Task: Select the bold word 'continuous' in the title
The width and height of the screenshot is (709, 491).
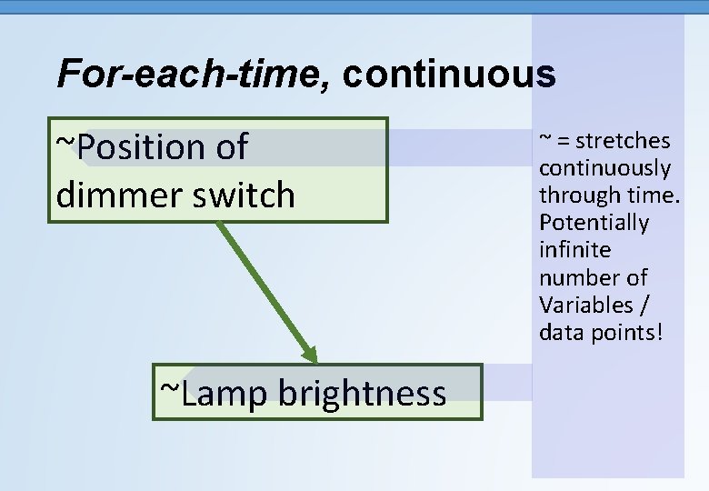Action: (449, 75)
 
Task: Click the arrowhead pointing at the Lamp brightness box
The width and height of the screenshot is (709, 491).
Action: (309, 356)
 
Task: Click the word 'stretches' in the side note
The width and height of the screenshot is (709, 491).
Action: (623, 141)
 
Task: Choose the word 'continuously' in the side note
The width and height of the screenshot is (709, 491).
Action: (604, 168)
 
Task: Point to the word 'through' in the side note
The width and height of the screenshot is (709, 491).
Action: (573, 195)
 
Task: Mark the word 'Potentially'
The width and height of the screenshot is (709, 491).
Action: (594, 223)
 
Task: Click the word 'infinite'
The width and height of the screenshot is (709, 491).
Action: (574, 250)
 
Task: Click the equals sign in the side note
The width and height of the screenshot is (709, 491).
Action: (564, 142)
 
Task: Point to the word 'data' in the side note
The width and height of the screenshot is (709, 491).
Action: (560, 332)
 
